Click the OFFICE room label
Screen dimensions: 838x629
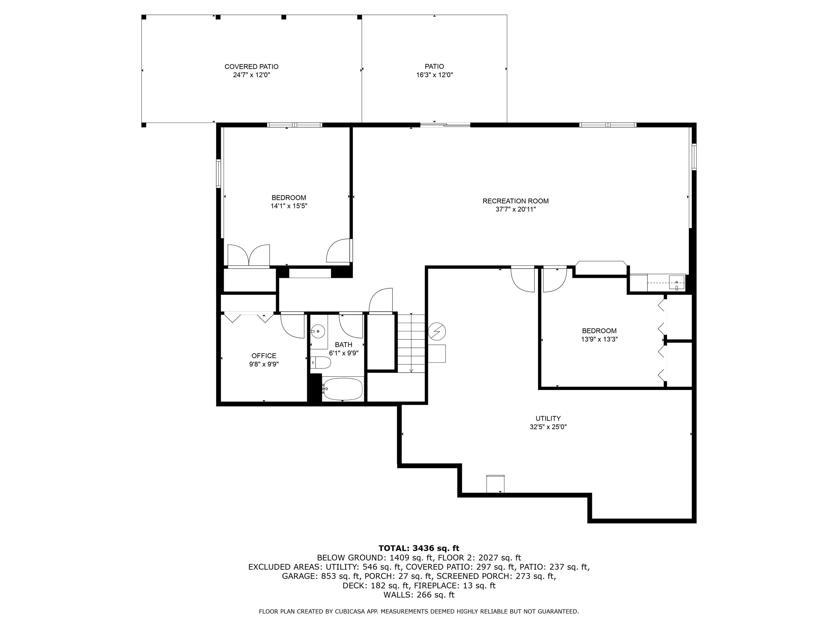coord(264,356)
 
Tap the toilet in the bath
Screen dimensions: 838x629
coord(320,363)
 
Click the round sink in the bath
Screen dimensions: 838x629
coord(318,331)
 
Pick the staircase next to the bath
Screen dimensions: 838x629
coord(411,343)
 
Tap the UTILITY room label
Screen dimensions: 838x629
coord(548,418)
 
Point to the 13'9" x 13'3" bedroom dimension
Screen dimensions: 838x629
coord(599,339)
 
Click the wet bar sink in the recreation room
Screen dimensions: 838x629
coord(677,282)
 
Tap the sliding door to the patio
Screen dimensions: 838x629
coord(445,124)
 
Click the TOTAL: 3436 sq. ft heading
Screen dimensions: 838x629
coord(419,548)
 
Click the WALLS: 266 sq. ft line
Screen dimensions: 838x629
coord(419,595)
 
